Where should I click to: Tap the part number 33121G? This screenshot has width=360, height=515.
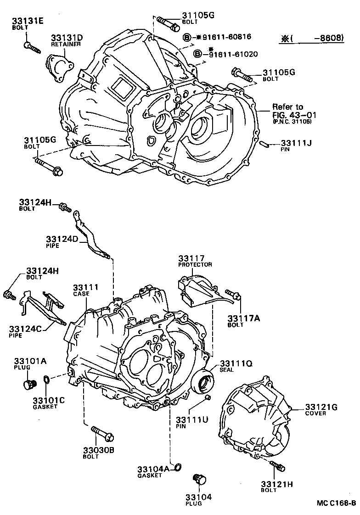(321, 407)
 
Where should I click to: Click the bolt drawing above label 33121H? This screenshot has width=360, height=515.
(278, 465)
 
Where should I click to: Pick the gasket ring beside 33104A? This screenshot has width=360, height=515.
(178, 468)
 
